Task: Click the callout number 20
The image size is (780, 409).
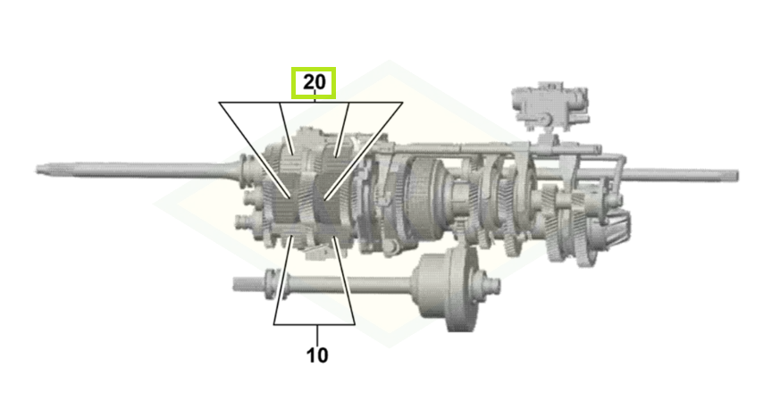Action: (x=314, y=82)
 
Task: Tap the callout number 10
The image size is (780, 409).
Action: (x=317, y=355)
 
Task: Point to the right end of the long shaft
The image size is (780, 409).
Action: (x=736, y=175)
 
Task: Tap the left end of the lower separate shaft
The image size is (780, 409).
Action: (x=235, y=284)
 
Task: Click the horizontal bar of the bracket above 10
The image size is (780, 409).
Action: (x=314, y=324)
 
